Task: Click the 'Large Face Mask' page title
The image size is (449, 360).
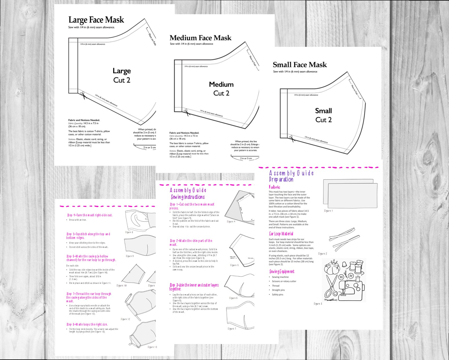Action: click(x=96, y=20)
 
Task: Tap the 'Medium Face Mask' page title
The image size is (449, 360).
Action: click(x=200, y=38)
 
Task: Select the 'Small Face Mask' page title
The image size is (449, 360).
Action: click(x=299, y=65)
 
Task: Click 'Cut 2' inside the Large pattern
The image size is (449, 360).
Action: click(x=122, y=80)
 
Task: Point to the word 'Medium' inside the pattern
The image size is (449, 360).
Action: click(x=221, y=84)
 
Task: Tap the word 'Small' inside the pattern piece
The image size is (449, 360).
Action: click(x=323, y=111)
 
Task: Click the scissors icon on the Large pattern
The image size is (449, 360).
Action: click(x=83, y=95)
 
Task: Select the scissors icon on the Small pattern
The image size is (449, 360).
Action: click(x=291, y=139)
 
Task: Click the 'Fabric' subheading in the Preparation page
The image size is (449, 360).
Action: click(x=274, y=187)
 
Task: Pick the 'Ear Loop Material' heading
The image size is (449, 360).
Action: click(x=281, y=234)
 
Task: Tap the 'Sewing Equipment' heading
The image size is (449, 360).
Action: click(x=282, y=271)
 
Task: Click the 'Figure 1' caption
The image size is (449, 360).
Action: click(x=328, y=211)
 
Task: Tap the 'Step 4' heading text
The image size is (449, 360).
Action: click(x=90, y=215)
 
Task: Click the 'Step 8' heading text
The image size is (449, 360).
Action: click(x=87, y=324)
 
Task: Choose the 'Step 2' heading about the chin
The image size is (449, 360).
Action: click(x=191, y=242)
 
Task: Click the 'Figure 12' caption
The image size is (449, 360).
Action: click(x=125, y=319)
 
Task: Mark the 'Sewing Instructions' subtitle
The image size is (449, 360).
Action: click(x=188, y=197)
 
